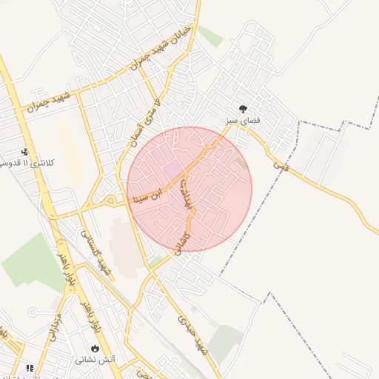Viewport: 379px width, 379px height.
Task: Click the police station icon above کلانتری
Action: (26, 151)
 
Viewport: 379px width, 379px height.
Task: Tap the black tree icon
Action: (244, 107)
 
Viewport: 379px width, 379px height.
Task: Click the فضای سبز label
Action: (243, 119)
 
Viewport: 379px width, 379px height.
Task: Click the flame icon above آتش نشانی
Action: (95, 348)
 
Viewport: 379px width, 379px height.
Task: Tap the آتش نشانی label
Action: (95, 360)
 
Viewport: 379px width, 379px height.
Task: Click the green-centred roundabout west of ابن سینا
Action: (110, 201)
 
